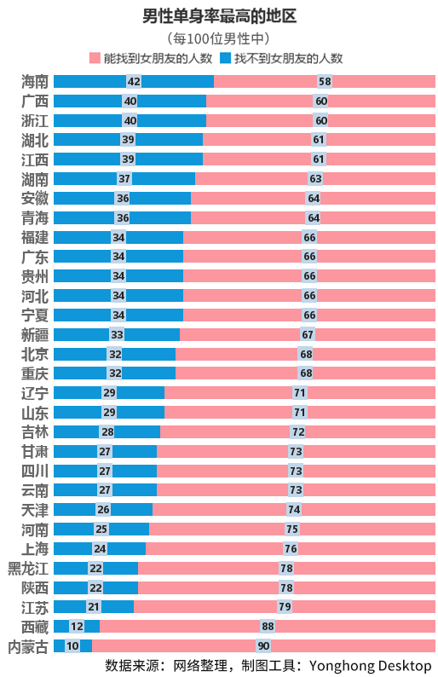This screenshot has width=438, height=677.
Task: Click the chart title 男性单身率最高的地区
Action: (219, 15)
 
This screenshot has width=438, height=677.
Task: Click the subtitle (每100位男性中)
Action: (219, 38)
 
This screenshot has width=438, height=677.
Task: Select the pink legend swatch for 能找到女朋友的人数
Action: (95, 59)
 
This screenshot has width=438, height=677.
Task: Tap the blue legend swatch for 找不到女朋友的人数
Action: (226, 59)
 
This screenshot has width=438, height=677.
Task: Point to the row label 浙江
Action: (35, 120)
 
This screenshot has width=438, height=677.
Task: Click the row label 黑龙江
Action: (28, 568)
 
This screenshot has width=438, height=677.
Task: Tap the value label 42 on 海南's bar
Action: (134, 81)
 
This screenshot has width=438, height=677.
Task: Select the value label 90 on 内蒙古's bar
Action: (263, 646)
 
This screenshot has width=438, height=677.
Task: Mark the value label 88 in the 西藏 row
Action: (268, 627)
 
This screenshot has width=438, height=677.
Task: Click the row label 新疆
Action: (35, 334)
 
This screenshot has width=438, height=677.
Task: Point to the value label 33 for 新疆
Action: (117, 334)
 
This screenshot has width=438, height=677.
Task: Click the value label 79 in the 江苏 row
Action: (285, 607)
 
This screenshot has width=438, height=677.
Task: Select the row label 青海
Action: (35, 217)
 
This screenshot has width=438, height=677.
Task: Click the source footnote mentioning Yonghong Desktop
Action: (268, 665)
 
